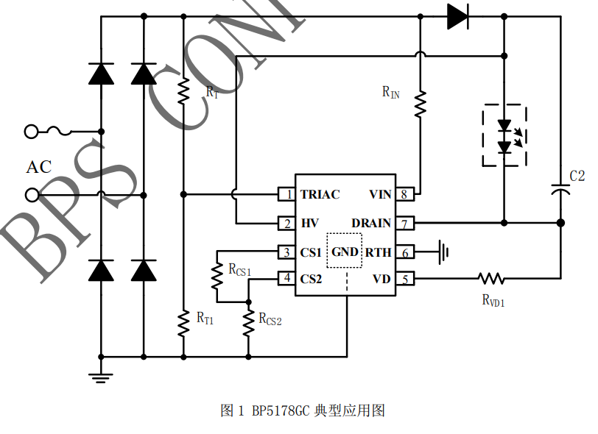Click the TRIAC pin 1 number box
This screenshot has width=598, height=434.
click(x=286, y=195)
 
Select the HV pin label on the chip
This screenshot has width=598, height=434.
click(x=309, y=224)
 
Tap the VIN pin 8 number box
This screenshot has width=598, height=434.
click(x=404, y=195)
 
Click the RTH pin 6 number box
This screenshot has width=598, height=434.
click(x=404, y=252)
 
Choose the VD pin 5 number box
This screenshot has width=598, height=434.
click(x=404, y=279)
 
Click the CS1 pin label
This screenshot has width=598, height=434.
click(x=311, y=252)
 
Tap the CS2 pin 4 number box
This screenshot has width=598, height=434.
click(x=286, y=279)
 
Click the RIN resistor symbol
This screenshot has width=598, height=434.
click(x=420, y=104)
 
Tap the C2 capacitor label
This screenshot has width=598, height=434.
click(x=577, y=176)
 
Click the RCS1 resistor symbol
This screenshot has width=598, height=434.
click(x=217, y=277)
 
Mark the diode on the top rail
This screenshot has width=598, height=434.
click(x=458, y=16)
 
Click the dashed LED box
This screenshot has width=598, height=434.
click(x=504, y=136)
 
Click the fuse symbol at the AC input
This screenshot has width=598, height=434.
click(x=59, y=132)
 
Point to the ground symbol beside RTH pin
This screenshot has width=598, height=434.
click(x=443, y=252)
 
